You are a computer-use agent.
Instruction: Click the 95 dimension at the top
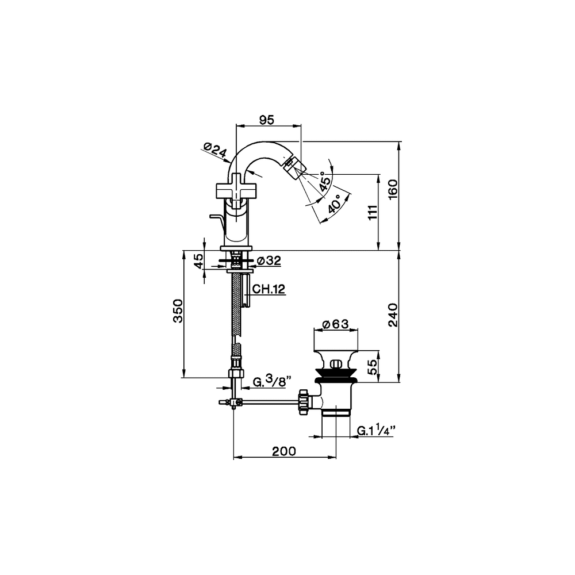266,120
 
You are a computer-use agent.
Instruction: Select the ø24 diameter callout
216,151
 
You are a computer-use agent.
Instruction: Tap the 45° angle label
325,181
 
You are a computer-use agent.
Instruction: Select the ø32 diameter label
269,261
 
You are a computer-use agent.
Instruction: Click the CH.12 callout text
269,289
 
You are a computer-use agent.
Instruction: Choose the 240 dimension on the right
393,315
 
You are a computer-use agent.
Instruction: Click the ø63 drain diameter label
336,324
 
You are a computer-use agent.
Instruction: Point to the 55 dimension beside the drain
372,366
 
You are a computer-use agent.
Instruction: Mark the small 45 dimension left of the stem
198,261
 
